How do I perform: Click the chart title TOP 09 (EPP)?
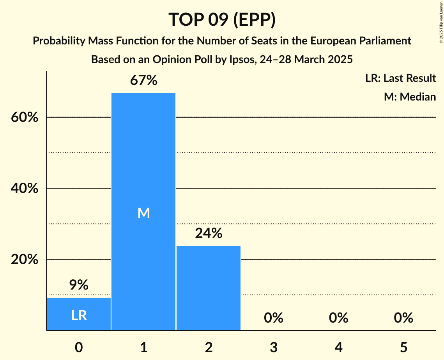click(222, 19)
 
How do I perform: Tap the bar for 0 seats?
click(79, 314)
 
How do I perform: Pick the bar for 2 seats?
click(209, 288)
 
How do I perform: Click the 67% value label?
click(143, 81)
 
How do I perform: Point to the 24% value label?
click(209, 233)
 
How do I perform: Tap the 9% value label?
click(79, 285)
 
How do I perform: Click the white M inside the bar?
click(143, 213)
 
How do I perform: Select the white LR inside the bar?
click(79, 316)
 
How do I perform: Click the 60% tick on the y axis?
click(25, 117)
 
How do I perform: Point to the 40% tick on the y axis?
click(25, 189)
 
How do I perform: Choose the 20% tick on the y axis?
click(25, 259)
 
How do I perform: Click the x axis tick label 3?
click(273, 347)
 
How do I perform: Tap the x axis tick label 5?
click(403, 347)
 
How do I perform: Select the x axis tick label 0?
click(79, 347)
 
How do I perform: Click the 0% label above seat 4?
click(338, 318)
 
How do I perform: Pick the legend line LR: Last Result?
click(400, 78)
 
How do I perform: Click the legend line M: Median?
click(410, 97)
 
